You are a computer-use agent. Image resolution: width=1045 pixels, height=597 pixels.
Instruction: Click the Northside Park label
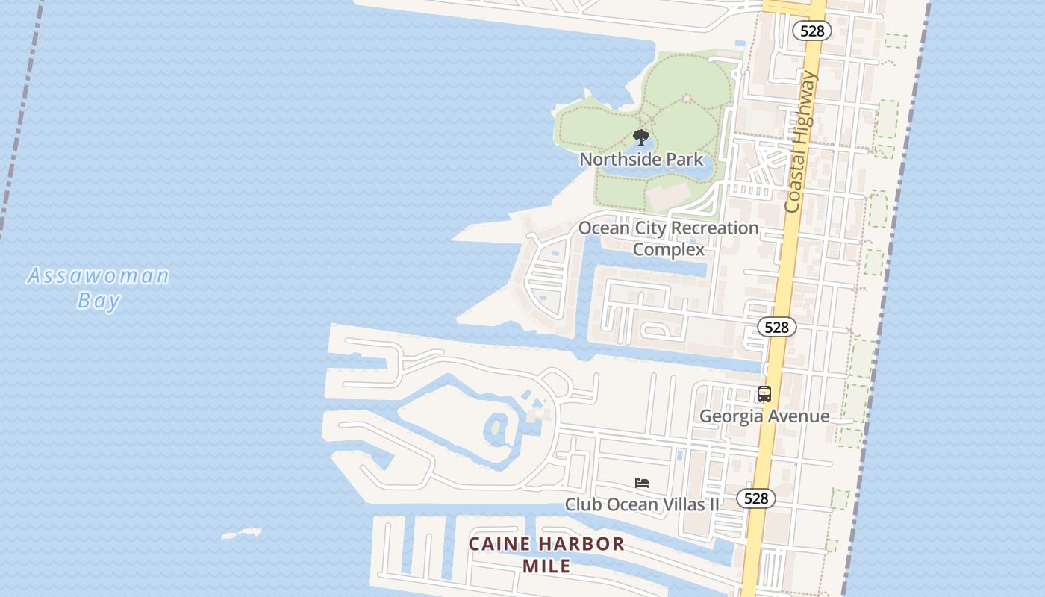tap(641, 159)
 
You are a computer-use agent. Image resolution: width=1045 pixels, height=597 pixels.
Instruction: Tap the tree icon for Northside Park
tap(640, 137)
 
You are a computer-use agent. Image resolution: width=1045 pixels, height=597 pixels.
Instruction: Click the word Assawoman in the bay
tap(99, 276)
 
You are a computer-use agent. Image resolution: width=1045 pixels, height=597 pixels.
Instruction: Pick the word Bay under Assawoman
tap(99, 301)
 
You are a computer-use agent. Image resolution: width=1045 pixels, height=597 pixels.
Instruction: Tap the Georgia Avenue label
tap(764, 416)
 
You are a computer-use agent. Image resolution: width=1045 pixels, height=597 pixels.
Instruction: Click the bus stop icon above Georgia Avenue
tap(764, 394)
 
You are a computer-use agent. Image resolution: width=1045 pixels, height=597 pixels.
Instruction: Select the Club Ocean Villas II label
tap(642, 504)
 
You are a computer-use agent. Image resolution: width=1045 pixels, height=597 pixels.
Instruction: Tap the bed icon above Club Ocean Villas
tap(642, 483)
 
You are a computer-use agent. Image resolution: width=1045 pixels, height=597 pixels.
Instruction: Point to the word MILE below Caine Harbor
tap(546, 566)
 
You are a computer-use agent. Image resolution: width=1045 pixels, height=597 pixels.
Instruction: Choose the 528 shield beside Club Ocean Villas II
tap(755, 498)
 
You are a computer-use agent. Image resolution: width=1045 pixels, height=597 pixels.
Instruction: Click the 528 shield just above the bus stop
tap(776, 327)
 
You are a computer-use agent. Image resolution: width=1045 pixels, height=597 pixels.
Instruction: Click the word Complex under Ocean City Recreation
tap(668, 249)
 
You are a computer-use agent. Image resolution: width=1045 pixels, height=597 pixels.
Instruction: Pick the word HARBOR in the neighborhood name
tap(581, 544)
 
